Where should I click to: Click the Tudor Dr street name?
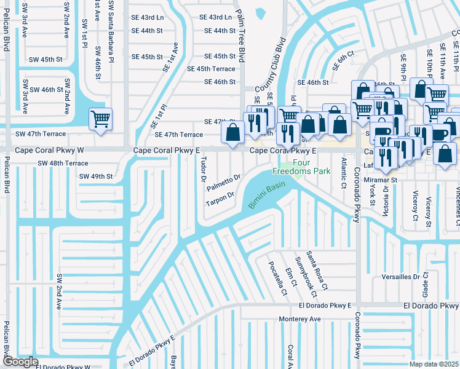click(202, 169)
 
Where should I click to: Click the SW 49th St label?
click(96, 177)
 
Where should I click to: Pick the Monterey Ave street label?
click(299, 319)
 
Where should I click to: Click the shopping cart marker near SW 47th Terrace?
click(100, 119)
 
